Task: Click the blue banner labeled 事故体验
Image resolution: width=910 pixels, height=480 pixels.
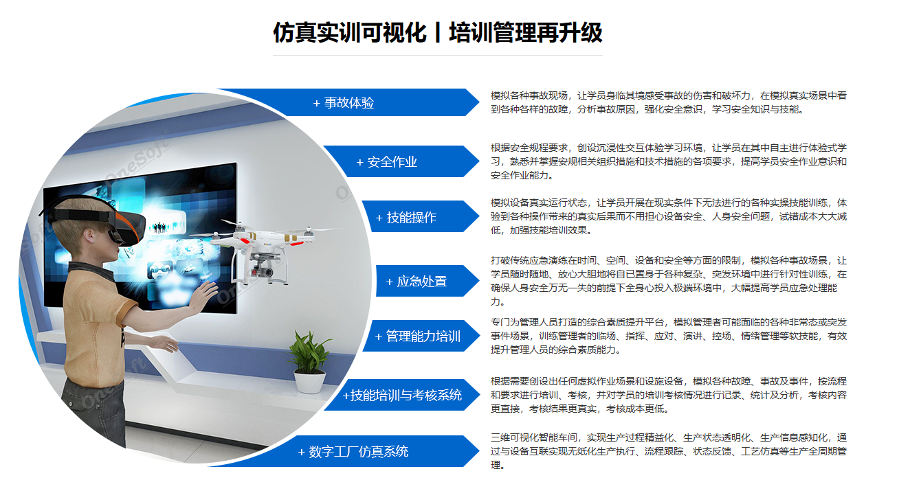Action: (366, 102)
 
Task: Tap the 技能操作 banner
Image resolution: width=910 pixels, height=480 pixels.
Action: (421, 217)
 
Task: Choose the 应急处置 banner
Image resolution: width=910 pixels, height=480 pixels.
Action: (427, 281)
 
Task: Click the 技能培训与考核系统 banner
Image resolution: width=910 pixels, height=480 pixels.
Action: (402, 395)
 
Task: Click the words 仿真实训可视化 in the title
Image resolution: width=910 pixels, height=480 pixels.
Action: (350, 32)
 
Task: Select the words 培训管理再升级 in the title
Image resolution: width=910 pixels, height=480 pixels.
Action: (525, 32)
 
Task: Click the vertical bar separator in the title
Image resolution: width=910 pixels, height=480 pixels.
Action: (438, 32)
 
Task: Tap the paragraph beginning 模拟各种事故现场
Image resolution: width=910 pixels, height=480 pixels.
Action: (669, 102)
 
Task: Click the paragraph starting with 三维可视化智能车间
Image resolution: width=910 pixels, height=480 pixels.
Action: (669, 451)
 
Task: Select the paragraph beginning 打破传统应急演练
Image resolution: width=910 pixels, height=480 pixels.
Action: (669, 281)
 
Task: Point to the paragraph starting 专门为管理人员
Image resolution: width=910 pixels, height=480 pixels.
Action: (669, 336)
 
